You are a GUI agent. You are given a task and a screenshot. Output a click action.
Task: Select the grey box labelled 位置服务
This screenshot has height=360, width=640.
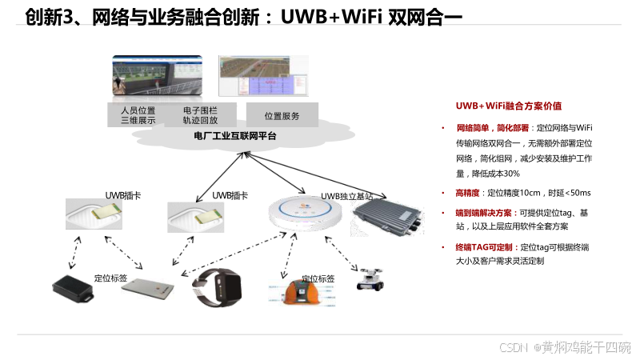click(282, 116)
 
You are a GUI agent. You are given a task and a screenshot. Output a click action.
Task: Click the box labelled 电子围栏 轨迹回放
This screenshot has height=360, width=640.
click(200, 115)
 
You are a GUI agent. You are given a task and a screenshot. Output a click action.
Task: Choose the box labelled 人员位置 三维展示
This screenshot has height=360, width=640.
click(137, 115)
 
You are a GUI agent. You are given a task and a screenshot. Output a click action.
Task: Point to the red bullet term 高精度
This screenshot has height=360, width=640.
click(467, 193)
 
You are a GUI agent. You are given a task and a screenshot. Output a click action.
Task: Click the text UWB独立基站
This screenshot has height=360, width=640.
click(346, 196)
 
